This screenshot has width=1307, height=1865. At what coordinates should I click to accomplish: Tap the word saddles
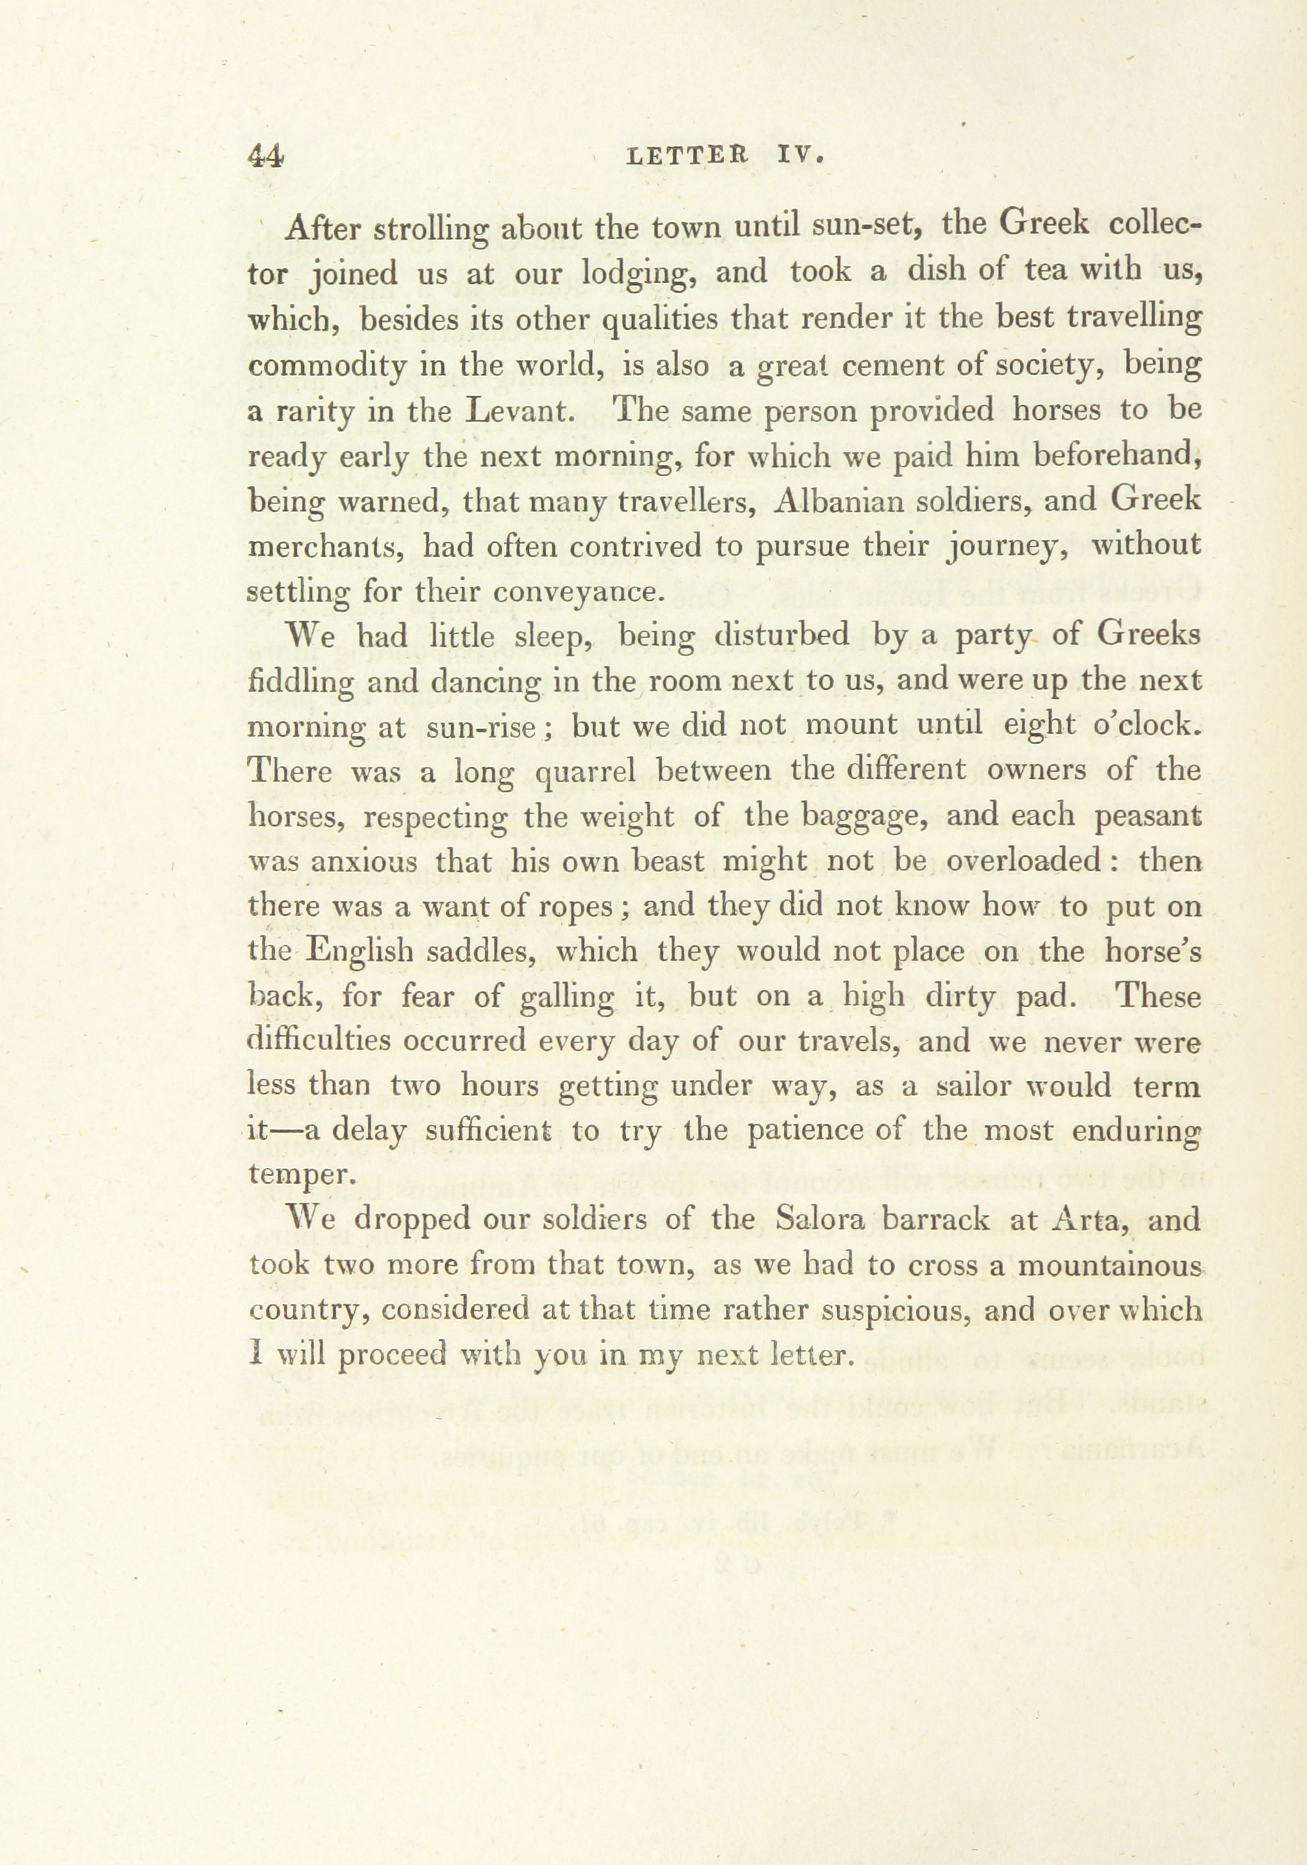tap(479, 952)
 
